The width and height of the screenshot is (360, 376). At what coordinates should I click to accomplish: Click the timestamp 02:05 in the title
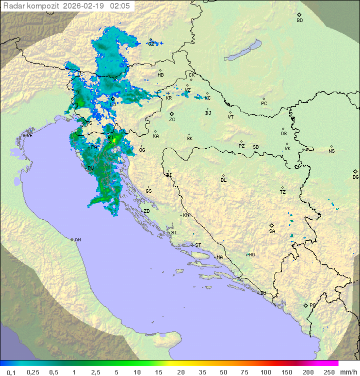[120, 6]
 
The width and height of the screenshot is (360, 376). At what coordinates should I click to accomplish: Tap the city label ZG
[172, 120]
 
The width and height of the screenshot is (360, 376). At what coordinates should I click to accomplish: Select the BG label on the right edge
[355, 177]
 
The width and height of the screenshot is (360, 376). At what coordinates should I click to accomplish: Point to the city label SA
[272, 231]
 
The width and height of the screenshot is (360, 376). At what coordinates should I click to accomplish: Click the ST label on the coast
[198, 245]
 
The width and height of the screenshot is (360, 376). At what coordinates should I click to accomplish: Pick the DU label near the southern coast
[262, 293]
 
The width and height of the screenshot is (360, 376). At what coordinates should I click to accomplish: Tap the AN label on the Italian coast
[77, 240]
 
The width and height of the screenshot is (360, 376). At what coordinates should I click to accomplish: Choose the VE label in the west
[29, 136]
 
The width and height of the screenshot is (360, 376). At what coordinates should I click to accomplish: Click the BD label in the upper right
[299, 21]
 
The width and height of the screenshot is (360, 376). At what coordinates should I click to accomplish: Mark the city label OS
[283, 134]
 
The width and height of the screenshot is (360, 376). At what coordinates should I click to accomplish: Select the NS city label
[331, 151]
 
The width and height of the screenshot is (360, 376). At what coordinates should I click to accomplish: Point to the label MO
[251, 255]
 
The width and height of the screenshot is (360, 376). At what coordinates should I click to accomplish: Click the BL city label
[223, 180]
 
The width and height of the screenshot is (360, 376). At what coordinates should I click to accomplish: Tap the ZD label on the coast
[146, 211]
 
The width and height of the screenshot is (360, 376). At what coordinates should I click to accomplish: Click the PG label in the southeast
[312, 305]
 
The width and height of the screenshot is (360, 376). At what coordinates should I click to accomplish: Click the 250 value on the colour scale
[329, 372]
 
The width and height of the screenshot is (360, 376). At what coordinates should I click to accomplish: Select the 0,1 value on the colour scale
[11, 372]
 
